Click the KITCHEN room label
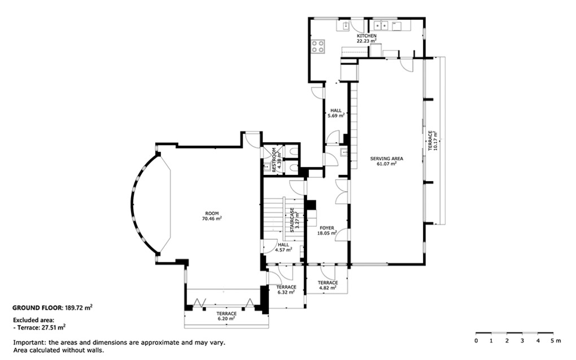366,36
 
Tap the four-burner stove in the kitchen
318,47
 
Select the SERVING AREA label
386,159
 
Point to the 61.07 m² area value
386,164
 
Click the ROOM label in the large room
212,213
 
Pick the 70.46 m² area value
212,218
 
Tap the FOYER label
327,228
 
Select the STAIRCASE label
293,220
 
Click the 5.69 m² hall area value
336,115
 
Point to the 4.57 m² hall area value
283,250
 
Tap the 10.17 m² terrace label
435,141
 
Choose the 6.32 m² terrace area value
286,292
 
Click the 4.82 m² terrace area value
328,288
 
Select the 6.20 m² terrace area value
226,319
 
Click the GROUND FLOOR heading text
37,308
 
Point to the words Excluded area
33,320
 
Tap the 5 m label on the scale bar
556,341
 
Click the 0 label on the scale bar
476,341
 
